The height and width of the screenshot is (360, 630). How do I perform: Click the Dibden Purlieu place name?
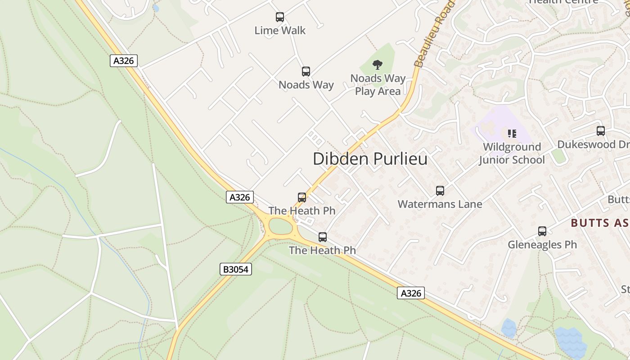[x=370, y=159]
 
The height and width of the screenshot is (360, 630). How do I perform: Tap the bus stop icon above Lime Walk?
[x=280, y=17]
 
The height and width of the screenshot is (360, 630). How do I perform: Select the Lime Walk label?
[x=280, y=31]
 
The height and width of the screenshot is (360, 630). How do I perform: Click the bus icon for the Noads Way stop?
[x=306, y=71]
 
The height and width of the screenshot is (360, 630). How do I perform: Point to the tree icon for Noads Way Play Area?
[x=378, y=65]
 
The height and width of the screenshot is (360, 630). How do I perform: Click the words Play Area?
[x=378, y=91]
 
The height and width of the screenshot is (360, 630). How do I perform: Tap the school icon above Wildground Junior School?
[x=512, y=133]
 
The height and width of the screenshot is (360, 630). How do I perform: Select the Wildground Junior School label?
[x=512, y=153]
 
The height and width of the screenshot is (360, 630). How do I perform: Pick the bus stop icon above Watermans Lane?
[x=440, y=191]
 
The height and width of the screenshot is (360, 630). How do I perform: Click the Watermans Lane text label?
[x=440, y=204]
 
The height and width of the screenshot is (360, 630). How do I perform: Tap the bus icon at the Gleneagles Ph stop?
[x=542, y=231]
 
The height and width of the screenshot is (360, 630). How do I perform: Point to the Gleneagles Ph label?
[x=542, y=245]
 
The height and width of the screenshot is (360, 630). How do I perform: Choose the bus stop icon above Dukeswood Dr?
[x=601, y=131]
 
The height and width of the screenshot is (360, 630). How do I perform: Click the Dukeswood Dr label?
[x=593, y=144]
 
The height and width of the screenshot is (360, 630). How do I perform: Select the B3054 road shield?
[x=236, y=269]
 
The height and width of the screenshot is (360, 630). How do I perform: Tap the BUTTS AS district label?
[x=600, y=223]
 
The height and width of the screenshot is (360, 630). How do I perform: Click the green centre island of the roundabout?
[x=281, y=226]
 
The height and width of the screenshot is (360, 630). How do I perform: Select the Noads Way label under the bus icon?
[x=306, y=85]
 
